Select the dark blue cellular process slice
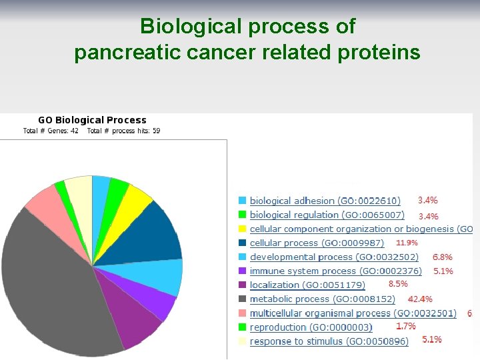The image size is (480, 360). coord(153,233)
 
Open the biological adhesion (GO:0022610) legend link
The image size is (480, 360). coord(325,201)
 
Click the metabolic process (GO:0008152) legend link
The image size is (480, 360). coord(322,299)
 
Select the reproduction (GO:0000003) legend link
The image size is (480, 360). coord(311,327)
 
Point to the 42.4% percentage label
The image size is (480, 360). coord(420,299)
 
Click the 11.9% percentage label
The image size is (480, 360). coord(407,243)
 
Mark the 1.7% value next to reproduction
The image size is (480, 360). coord(406,326)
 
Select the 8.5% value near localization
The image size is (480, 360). coord(398,284)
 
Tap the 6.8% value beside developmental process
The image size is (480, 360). coord(443,257)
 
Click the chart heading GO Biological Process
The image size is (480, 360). coord(92,120)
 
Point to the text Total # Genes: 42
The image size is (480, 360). coord(51,131)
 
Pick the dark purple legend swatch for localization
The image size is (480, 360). coord(243,285)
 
